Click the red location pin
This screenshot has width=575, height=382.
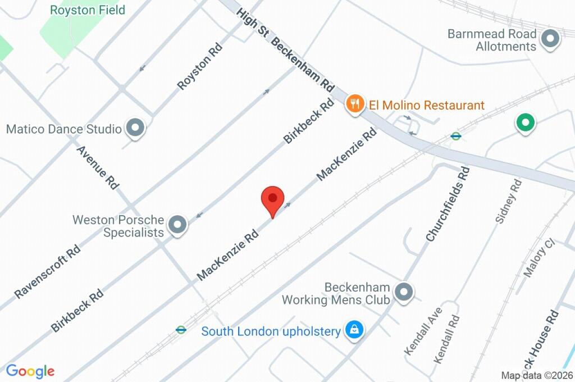pos(272,200)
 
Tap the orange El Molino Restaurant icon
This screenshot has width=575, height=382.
pos(355,104)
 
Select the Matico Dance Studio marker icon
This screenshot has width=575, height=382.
pos(135,129)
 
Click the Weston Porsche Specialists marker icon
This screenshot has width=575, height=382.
pos(178,225)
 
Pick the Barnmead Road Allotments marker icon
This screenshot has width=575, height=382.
pos(550,39)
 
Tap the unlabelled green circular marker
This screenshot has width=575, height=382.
pos(525,122)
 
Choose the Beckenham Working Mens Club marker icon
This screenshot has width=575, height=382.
pos(403,292)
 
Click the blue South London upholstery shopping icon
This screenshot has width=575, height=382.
pos(354,330)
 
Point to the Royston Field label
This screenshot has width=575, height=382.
pos(88,10)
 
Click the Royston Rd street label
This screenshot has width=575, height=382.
pos(200,66)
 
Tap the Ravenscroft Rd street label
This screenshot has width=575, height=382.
pos(48,271)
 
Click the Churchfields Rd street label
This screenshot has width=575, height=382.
pos(448,203)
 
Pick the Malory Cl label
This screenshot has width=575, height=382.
pos(539,258)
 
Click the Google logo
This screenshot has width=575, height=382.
pos(30,371)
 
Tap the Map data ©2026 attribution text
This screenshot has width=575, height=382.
pos(536,375)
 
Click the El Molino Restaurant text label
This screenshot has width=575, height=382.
pos(426,105)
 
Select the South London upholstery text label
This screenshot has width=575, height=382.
pos(271,331)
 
